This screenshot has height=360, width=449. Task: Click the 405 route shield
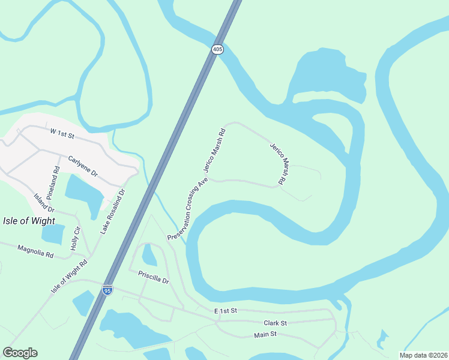click(x=217, y=50)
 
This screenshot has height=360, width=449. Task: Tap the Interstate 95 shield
click(x=107, y=290)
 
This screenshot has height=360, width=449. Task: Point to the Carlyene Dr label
click(x=83, y=164)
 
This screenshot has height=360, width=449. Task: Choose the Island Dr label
click(x=44, y=203)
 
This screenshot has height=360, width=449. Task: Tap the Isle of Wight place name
click(x=29, y=220)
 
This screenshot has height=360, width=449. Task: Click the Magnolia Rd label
click(x=35, y=251)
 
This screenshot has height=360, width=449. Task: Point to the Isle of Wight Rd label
click(x=70, y=275)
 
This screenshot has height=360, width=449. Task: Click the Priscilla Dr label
click(x=154, y=277)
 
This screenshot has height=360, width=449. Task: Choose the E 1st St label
click(x=226, y=311)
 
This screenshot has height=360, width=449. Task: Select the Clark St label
click(x=276, y=323)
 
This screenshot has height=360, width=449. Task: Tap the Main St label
click(x=265, y=334)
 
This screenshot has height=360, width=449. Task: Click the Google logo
click(x=20, y=353)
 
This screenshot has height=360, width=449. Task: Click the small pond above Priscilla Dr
click(x=149, y=256)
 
